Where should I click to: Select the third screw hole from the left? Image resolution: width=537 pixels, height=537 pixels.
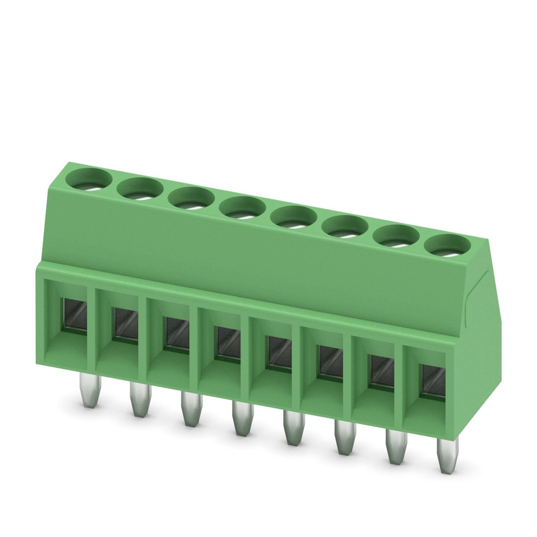191,198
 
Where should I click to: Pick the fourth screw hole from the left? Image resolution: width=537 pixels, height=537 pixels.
242,208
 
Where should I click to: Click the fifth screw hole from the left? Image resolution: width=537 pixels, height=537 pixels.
294,217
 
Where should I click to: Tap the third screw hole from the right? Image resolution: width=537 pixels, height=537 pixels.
345,227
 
